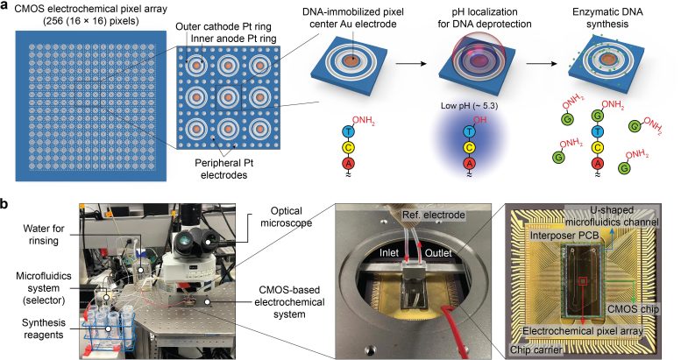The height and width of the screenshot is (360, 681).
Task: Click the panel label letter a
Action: [x=5, y=9]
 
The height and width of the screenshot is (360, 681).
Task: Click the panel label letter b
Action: [x=6, y=204]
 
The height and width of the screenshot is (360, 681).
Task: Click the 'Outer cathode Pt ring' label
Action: [x=223, y=26]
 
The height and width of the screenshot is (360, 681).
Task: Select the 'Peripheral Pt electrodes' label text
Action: [x=223, y=169]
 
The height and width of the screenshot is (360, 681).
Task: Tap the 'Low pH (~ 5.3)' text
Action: [x=469, y=105]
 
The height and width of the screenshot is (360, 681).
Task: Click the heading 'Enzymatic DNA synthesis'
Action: [x=607, y=18]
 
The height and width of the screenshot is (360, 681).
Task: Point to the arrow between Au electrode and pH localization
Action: [x=409, y=64]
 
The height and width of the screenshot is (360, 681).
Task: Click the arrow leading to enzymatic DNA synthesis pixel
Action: [x=541, y=64]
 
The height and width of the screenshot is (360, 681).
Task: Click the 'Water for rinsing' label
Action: [x=44, y=235]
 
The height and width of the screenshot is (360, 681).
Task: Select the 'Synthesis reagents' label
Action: [x=44, y=328]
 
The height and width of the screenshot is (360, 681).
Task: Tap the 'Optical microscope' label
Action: [x=287, y=216]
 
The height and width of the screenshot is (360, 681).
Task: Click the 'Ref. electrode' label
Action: [x=434, y=215]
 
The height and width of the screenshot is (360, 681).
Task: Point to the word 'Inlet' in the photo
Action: [x=389, y=253]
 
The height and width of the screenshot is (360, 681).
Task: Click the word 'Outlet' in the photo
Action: [x=438, y=253]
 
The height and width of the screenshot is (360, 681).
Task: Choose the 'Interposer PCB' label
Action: [x=564, y=236]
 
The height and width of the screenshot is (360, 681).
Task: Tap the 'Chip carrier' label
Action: [x=536, y=349]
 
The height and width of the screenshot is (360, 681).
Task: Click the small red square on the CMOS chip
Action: [x=583, y=281]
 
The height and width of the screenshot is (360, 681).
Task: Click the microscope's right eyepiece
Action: [x=210, y=242]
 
